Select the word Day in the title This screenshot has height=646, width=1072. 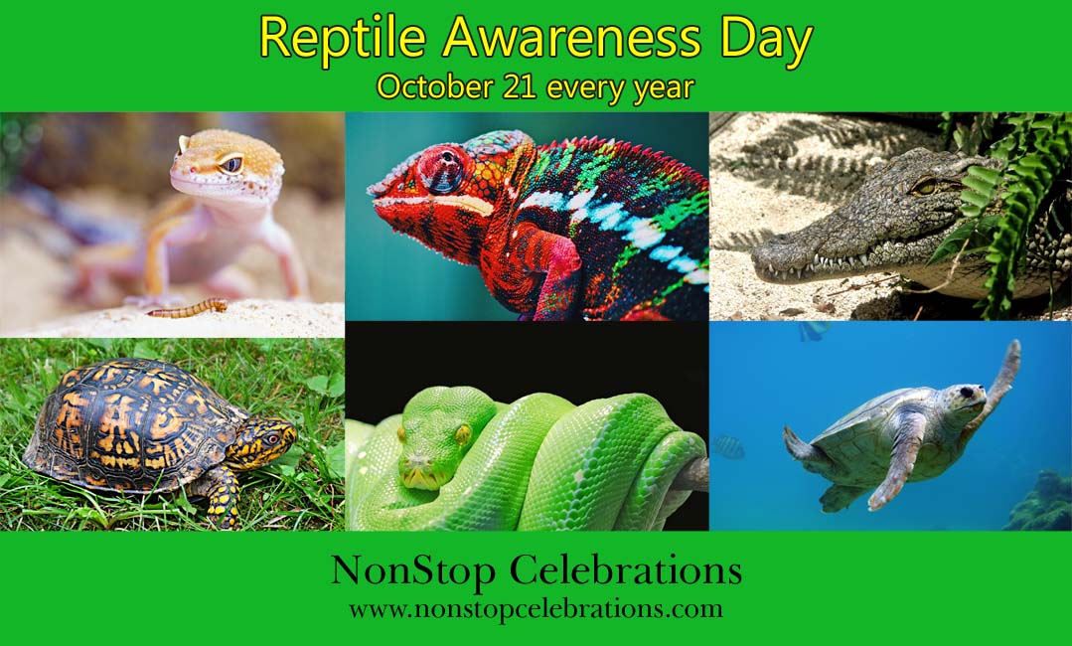click(768, 40)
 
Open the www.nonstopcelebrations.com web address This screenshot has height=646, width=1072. click(536, 608)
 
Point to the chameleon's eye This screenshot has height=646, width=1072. click(442, 170)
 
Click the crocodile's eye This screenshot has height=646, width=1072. click(925, 185)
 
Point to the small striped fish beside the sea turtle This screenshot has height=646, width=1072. click(728, 447)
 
